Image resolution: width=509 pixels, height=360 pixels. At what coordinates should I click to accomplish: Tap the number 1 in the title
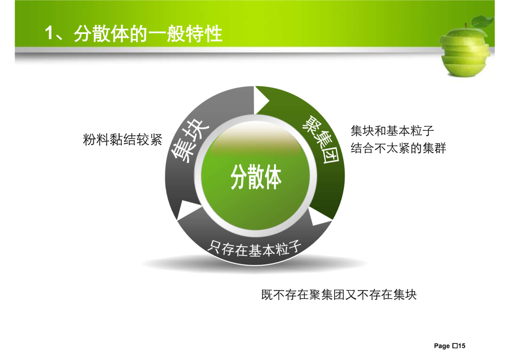tap(49, 33)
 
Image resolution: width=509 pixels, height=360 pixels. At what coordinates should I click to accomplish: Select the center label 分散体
tap(256, 177)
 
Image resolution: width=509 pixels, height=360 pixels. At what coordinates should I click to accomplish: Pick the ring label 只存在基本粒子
tap(254, 249)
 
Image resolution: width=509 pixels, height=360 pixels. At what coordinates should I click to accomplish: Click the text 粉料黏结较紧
tap(123, 139)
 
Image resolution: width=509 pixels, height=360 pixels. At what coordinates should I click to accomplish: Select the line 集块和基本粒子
tap(392, 131)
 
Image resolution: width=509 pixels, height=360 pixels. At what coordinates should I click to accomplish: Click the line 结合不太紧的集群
tap(398, 148)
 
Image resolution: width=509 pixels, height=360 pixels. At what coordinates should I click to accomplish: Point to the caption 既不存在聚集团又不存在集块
tap(339, 295)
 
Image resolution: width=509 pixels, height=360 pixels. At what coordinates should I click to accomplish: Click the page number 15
tap(462, 346)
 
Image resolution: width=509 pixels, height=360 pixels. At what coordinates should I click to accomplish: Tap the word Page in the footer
tap(442, 346)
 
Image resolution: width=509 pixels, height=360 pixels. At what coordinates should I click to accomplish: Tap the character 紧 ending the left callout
tap(156, 139)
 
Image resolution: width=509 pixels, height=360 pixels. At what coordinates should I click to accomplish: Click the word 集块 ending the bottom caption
tap(404, 295)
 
